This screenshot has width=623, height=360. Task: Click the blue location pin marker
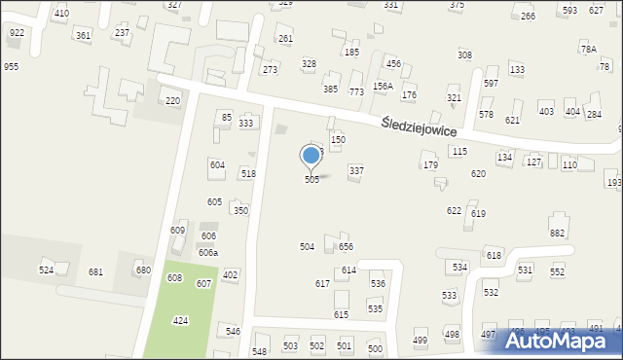pyautogui.click(x=311, y=156)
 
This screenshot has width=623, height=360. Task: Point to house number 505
pyautogui.click(x=311, y=180)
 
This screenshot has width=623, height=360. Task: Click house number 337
pyautogui.click(x=356, y=170)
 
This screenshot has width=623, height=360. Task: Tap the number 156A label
pyautogui.click(x=383, y=86)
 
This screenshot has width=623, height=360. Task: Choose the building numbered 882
pyautogui.click(x=557, y=234)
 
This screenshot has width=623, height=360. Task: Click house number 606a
pyautogui.click(x=208, y=252)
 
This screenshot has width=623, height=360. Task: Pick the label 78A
pyautogui.click(x=588, y=49)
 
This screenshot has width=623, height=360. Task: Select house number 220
pyautogui.click(x=172, y=101)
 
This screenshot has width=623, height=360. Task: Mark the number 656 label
pyautogui.click(x=346, y=247)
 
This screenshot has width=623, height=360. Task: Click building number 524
pyautogui.click(x=46, y=270)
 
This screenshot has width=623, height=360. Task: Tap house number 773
pyautogui.click(x=356, y=91)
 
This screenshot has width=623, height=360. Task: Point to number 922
pyautogui.click(x=17, y=33)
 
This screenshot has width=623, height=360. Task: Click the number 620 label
pyautogui.click(x=478, y=173)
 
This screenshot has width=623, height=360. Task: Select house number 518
pyautogui.click(x=248, y=173)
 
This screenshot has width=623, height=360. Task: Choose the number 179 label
pyautogui.click(x=429, y=165)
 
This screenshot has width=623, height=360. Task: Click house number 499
pyautogui.click(x=420, y=340)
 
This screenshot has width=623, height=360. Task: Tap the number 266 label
pyautogui.click(x=528, y=17)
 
